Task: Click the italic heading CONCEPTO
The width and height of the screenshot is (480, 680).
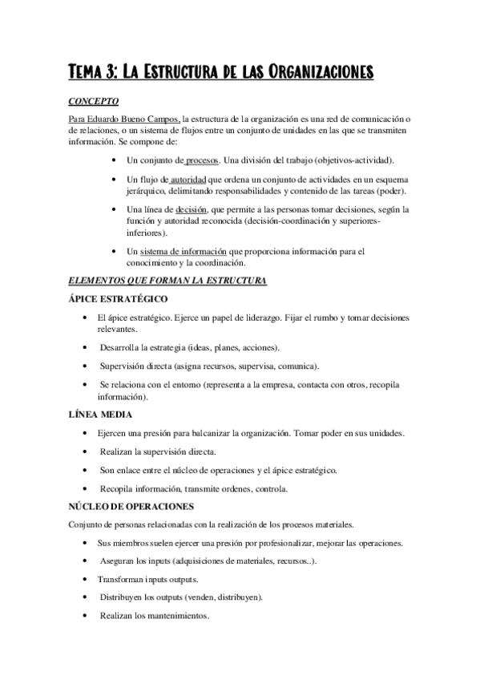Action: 95,102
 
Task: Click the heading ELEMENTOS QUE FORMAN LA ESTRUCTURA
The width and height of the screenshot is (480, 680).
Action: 168,280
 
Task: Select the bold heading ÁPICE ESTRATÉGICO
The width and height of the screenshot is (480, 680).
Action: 119,299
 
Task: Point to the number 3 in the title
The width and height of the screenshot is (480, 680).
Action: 110,75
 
